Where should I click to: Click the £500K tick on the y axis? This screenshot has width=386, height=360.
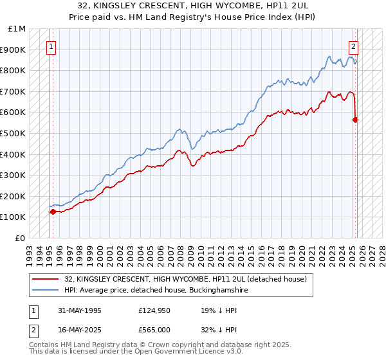click(x=13, y=133)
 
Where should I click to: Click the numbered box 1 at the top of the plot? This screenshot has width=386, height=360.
click(x=51, y=46)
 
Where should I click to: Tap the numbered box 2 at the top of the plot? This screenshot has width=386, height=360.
click(x=353, y=46)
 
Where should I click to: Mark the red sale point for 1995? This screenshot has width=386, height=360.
click(x=53, y=212)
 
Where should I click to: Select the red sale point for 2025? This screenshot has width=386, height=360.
click(x=356, y=119)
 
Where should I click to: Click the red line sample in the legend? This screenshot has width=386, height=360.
click(x=46, y=279)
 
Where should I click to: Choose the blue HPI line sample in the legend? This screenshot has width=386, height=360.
click(x=46, y=291)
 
